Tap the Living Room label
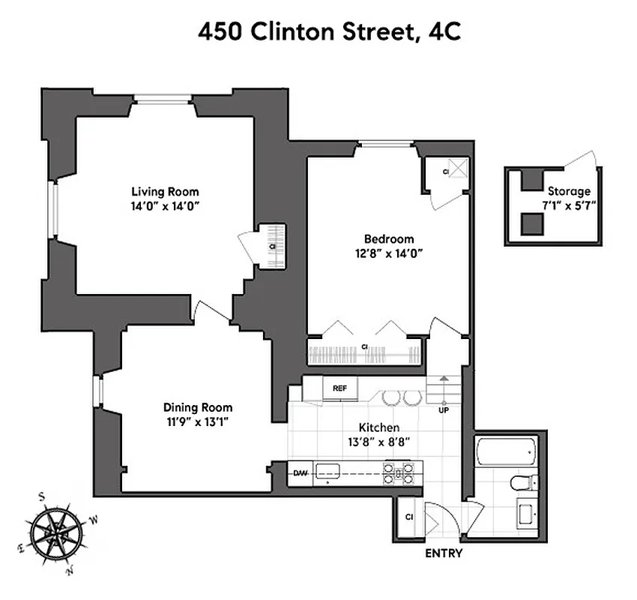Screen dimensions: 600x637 click(x=166, y=191)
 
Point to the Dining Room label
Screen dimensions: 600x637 click(x=196, y=407)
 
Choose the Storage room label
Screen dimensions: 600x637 click(x=569, y=191)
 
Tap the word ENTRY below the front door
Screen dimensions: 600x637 click(x=444, y=554)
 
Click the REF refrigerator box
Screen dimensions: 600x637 click(x=339, y=388)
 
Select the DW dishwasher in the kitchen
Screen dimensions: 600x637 click(x=301, y=473)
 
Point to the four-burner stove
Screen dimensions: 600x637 click(x=399, y=472)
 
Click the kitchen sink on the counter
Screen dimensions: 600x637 click(x=328, y=471)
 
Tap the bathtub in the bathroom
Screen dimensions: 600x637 click(x=506, y=451)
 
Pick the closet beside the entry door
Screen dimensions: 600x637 click(x=409, y=517)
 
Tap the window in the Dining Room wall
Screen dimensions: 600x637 click(x=97, y=391)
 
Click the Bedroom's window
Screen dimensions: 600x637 click(x=385, y=144)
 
